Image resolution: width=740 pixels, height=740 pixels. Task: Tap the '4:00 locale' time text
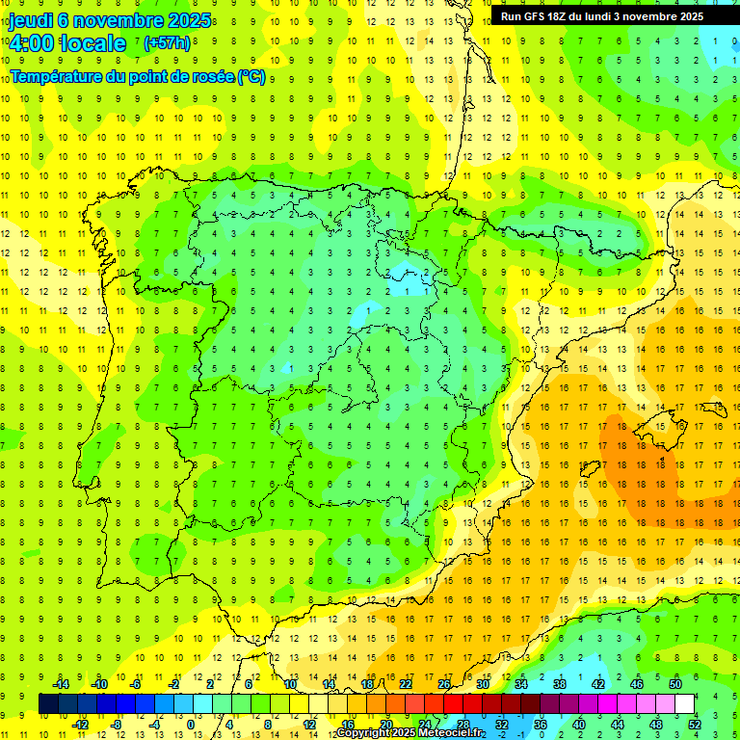pos(67,43)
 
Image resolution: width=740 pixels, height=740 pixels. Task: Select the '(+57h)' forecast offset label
pos(167,43)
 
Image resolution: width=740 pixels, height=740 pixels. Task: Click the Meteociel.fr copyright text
pos(410,733)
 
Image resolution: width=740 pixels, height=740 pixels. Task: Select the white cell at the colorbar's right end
pos(685,704)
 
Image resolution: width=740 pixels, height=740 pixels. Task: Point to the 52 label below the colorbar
pos(695,725)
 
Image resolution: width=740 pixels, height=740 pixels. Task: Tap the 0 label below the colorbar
pos(192,725)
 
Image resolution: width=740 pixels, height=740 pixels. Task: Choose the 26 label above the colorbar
pos(444,684)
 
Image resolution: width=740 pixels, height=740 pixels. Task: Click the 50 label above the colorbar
pos(675,684)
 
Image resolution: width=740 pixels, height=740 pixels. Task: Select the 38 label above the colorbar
pos(560,684)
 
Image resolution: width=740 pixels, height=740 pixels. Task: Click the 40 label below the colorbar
pos(579,725)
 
